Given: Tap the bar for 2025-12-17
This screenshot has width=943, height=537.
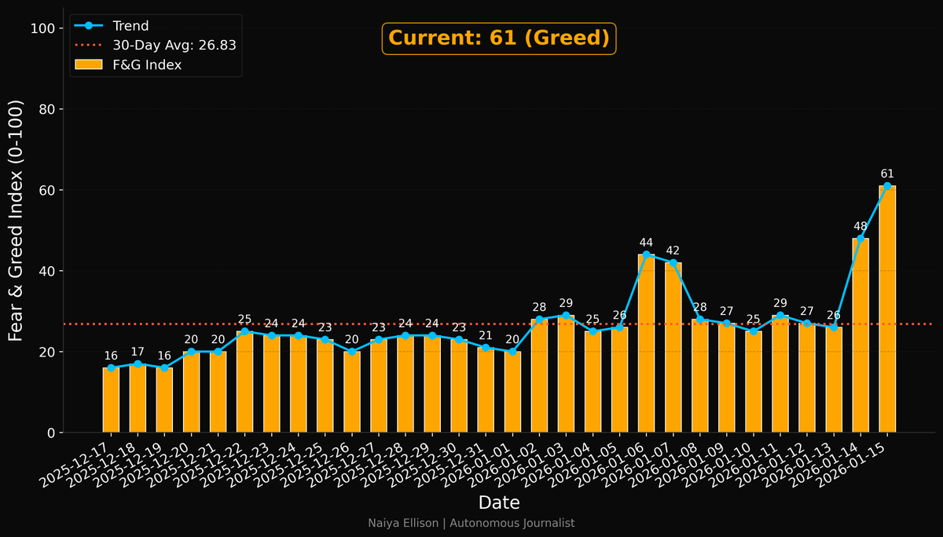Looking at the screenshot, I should tap(111, 400).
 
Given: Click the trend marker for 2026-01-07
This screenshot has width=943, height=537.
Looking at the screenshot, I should tap(673, 263).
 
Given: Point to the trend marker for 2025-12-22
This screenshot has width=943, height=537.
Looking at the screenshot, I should tap(244, 331).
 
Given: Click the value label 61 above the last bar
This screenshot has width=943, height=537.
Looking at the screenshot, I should tap(887, 174).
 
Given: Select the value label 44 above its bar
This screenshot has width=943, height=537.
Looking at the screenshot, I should tap(646, 243).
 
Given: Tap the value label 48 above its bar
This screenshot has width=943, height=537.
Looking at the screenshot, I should tap(860, 226).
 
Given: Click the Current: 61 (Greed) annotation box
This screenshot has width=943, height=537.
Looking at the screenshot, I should tap(499, 38).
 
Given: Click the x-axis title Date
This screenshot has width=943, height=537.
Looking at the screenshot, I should tap(499, 502).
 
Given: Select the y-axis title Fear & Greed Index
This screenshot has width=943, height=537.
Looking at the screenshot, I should tap(17, 221).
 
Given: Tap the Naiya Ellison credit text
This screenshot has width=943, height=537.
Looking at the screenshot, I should tap(472, 523).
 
